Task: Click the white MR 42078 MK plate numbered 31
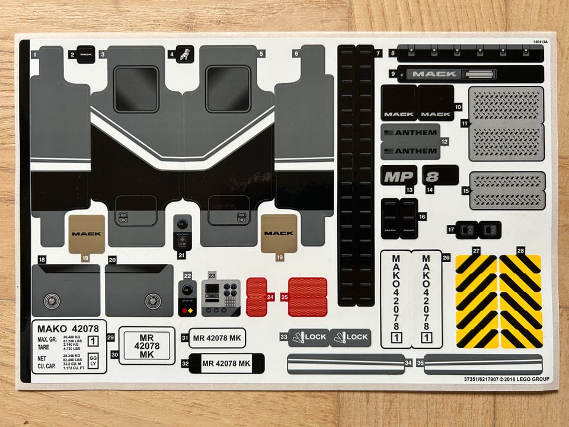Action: point(218,338)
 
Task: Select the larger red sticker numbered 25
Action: point(307,297)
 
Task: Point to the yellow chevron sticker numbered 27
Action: point(476,301)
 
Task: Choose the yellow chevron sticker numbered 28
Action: point(521,301)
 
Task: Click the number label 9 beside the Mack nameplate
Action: point(392,74)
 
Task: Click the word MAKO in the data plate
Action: point(52,329)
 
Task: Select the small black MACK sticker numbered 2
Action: point(86,54)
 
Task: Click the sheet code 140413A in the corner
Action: point(539,42)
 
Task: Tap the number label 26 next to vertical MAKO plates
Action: point(446,258)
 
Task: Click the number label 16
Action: point(422,217)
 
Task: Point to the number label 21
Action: point(181,256)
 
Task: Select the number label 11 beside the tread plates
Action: point(465,123)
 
